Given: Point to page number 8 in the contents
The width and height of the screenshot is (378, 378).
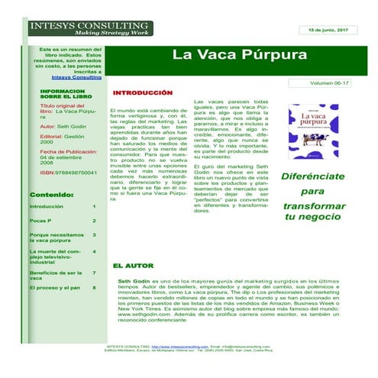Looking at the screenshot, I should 94,288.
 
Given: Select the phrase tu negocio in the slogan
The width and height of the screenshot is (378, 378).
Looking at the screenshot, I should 312,218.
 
